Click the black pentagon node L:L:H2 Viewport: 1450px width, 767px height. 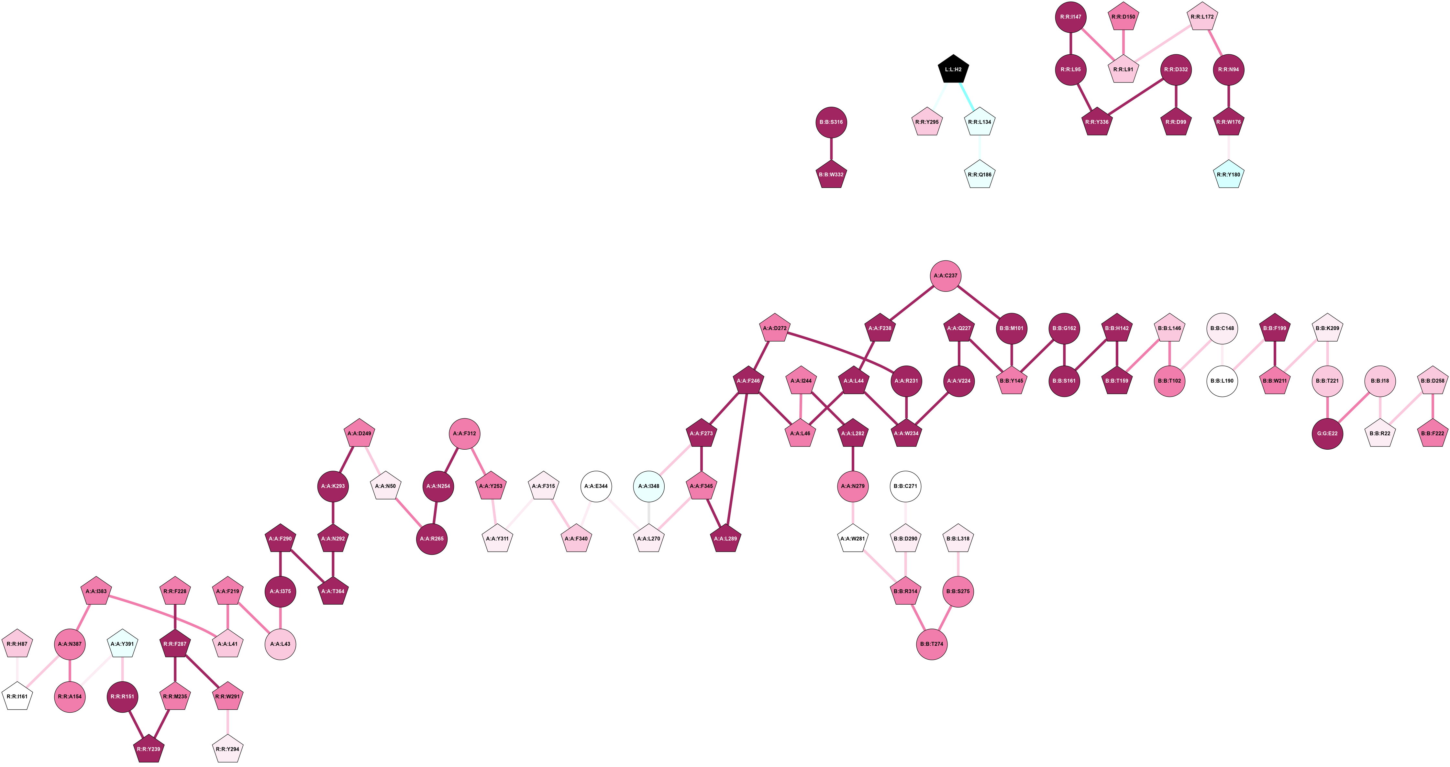[953, 69]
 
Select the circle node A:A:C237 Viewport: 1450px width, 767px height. [946, 276]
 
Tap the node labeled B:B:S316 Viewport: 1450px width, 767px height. [831, 122]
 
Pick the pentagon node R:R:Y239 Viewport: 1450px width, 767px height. [149, 749]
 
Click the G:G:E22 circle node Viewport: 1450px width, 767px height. [1327, 433]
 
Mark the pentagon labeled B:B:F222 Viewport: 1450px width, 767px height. [1433, 433]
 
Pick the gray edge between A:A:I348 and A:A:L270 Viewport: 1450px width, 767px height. [649, 513]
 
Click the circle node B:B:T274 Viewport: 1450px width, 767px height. [932, 644]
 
